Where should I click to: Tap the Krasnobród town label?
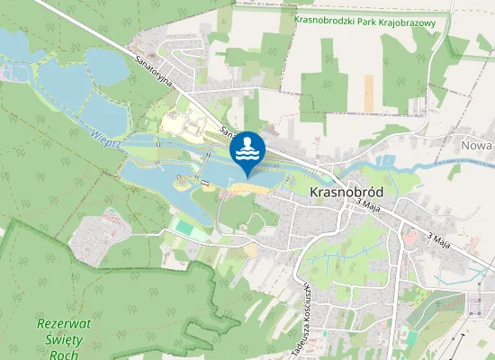coord(346,193)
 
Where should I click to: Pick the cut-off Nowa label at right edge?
coord(478,145)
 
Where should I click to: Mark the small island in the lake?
coord(183,183)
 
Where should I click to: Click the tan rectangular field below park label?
coord(368,93)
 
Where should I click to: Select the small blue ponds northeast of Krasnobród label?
coord(387,162)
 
